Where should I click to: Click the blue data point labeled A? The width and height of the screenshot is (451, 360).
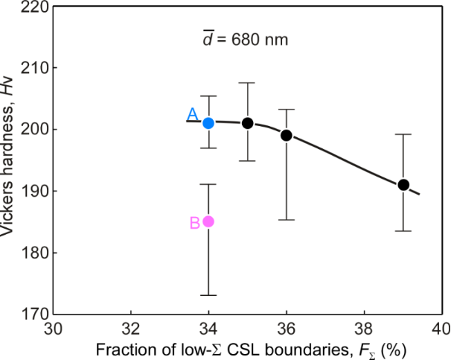(x=208, y=123)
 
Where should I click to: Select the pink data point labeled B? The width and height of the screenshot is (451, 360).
(x=208, y=221)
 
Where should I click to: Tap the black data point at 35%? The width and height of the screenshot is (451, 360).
(x=248, y=123)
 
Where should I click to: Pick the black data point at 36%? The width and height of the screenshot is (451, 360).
(x=287, y=135)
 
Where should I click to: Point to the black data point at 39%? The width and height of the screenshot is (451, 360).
(x=403, y=185)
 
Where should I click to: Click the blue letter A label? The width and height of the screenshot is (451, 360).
(x=192, y=114)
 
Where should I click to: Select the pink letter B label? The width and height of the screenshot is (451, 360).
(x=194, y=222)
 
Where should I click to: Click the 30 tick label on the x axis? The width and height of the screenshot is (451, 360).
(x=53, y=329)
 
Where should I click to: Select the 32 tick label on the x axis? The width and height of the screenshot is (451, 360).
(x=131, y=329)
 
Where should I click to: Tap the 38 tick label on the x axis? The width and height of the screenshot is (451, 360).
(x=364, y=329)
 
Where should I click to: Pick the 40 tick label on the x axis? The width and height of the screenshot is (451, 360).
(x=441, y=329)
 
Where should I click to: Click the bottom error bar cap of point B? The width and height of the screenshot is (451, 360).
(x=208, y=295)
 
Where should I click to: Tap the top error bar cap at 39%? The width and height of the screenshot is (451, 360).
(x=403, y=134)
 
